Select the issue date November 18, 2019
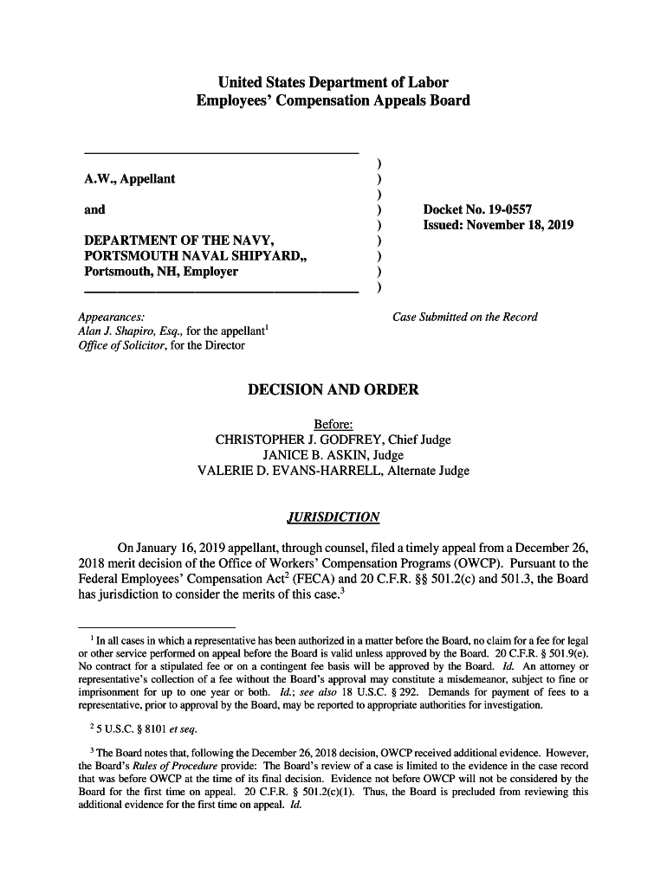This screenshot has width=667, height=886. point(498,226)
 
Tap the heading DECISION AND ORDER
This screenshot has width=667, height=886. point(333,390)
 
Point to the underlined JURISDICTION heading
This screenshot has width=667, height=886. point(333,517)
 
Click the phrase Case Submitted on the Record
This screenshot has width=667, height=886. point(464,317)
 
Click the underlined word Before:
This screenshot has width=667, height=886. point(333,425)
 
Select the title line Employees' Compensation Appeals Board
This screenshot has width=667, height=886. point(333,101)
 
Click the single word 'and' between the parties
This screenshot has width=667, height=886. point(94,209)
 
